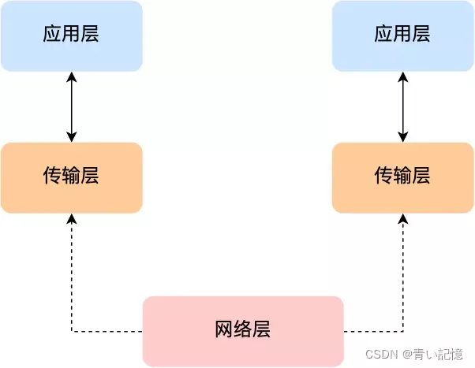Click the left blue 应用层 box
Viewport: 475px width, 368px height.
click(x=71, y=35)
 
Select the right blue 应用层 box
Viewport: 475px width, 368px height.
click(x=402, y=35)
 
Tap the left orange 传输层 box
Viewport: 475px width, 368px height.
click(x=71, y=177)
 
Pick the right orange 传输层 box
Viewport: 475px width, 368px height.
click(x=402, y=177)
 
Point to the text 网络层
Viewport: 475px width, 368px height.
click(x=243, y=329)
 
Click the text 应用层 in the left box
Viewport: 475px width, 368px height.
click(x=71, y=35)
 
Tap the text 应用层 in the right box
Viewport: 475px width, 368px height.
click(x=402, y=35)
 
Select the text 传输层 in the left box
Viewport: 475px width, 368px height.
click(x=71, y=176)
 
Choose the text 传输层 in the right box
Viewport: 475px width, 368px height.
click(x=402, y=176)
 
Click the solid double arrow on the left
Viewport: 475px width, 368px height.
click(x=72, y=106)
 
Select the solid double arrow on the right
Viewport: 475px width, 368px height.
click(x=403, y=106)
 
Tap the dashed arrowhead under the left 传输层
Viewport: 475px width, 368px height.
click(x=72, y=218)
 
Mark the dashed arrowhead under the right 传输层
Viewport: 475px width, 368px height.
click(x=403, y=218)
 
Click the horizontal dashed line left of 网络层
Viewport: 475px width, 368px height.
click(x=107, y=331)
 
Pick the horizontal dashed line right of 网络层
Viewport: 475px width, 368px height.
click(x=372, y=331)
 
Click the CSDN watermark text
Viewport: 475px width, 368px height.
click(x=383, y=355)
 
